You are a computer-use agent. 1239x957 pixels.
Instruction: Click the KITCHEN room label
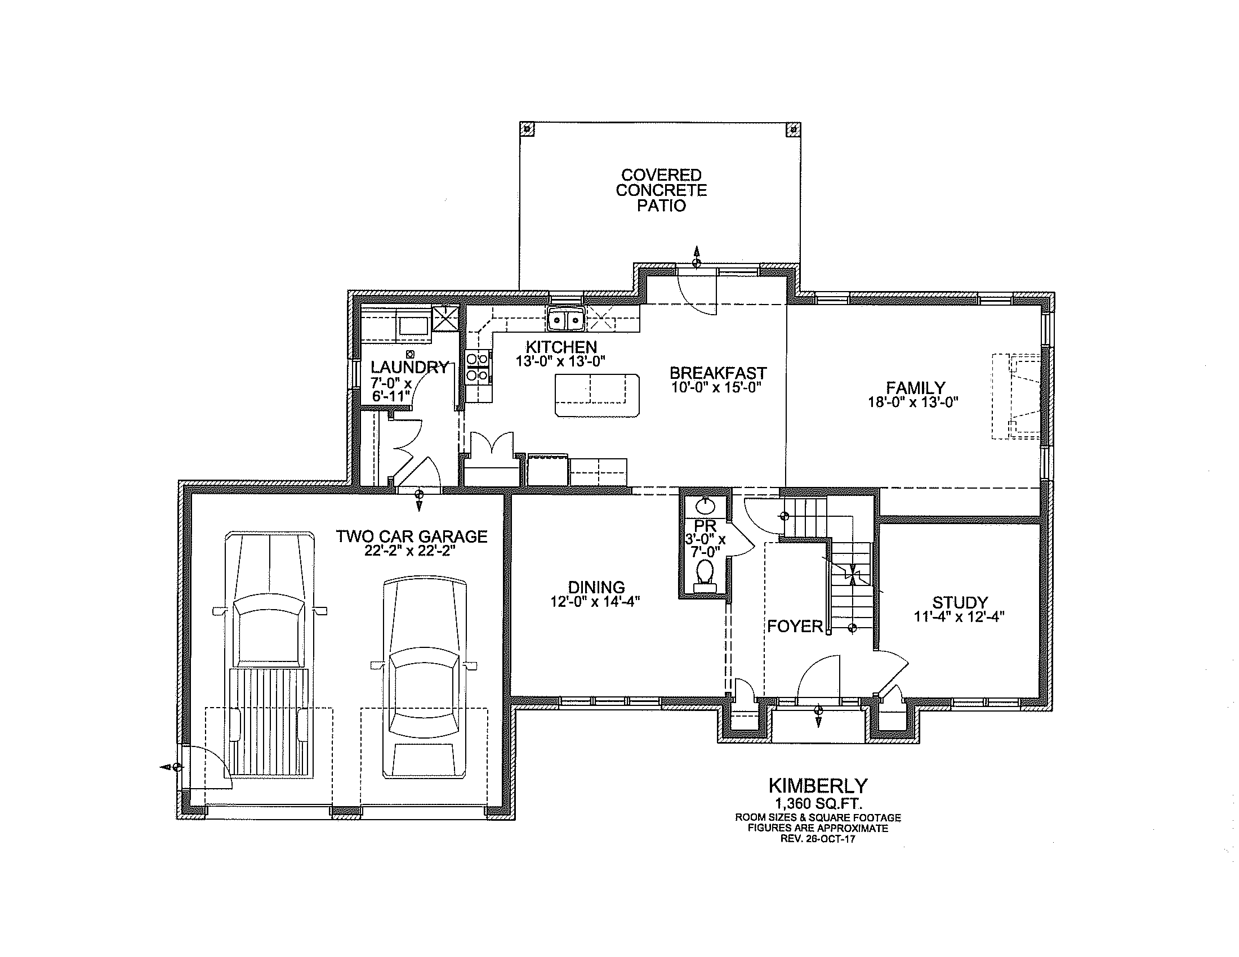point(561,346)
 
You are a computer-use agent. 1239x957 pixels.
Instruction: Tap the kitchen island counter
point(597,395)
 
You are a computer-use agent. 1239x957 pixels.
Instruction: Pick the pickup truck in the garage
point(269,654)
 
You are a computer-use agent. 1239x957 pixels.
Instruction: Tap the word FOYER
point(795,626)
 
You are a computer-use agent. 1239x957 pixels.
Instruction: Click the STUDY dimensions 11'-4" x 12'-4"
point(959,617)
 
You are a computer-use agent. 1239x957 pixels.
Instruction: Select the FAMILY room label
point(916,388)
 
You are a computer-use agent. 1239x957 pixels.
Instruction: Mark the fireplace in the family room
point(1017,396)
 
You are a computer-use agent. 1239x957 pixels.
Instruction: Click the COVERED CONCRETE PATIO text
point(662,190)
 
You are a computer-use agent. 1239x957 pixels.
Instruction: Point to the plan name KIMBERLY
point(818,786)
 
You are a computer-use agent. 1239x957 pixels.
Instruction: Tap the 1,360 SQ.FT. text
point(819,803)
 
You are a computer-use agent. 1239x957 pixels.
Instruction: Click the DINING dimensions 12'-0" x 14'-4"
point(596,602)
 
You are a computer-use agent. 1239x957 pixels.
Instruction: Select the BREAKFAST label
point(718,373)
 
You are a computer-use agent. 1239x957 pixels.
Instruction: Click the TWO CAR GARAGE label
point(412,536)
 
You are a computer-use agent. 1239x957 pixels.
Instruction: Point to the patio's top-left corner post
point(527,129)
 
